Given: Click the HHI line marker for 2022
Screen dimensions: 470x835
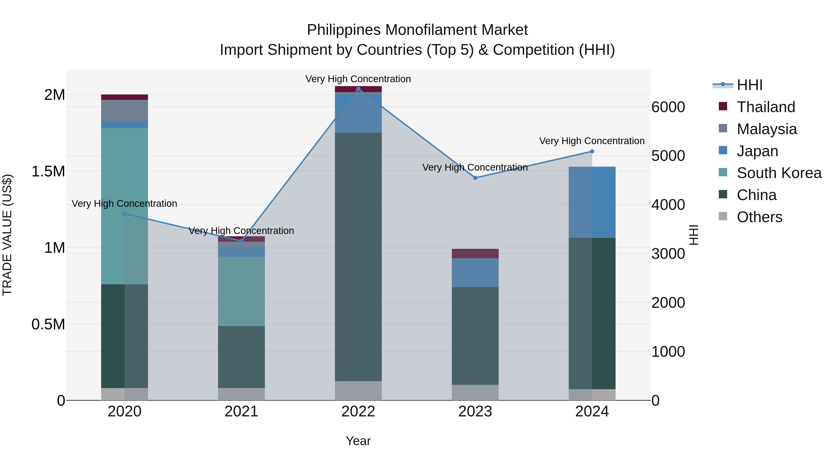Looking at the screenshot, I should (x=358, y=89).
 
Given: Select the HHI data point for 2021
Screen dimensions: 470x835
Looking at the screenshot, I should (x=241, y=241).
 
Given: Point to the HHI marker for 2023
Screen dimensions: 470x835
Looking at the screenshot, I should (x=475, y=178).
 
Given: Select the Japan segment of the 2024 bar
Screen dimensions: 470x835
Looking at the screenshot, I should (x=592, y=202).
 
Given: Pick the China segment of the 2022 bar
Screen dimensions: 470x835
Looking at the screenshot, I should (x=358, y=256).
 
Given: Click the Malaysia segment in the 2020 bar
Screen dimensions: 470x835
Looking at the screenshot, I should (x=125, y=111).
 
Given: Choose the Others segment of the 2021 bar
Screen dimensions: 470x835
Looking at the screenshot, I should (x=241, y=394).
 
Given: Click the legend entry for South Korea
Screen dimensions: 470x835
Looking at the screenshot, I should (x=779, y=173).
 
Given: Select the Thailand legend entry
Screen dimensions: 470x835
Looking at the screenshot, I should (x=766, y=107).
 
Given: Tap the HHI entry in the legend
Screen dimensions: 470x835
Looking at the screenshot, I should (x=749, y=85).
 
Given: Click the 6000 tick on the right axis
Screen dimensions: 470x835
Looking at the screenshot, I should (x=668, y=107).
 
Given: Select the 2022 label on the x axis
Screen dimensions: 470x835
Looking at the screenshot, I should (x=358, y=412).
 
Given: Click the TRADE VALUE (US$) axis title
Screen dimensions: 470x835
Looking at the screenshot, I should (x=7, y=235).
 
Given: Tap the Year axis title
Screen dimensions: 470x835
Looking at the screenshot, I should (x=358, y=441).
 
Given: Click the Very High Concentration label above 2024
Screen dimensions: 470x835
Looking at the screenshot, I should (x=592, y=141).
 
